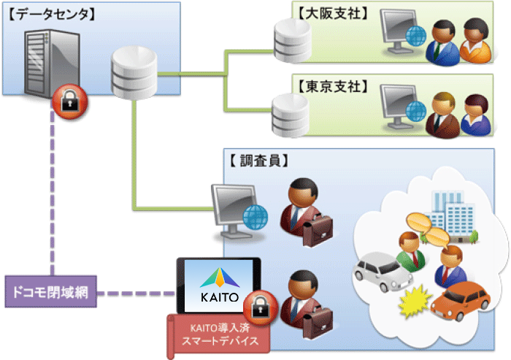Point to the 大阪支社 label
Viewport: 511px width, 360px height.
pos(332,12)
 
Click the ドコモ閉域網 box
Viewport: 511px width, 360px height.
pos(50,294)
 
